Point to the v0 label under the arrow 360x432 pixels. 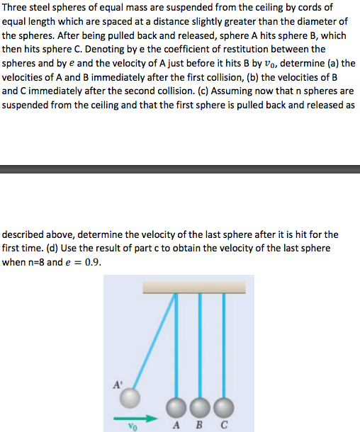131,426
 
